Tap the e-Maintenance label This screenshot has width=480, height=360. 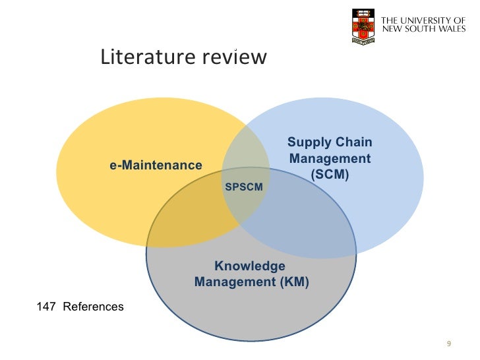tap(156, 165)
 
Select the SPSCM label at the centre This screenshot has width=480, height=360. tap(244, 188)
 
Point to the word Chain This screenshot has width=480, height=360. tap(353, 143)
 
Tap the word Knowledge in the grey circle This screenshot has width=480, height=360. tap(250, 266)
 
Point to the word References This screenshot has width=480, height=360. tap(93, 307)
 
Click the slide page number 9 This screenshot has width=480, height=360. tap(448, 344)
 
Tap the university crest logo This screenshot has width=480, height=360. tap(363, 26)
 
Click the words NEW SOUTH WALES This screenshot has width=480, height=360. tap(424, 30)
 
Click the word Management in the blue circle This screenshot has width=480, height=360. tap(330, 159)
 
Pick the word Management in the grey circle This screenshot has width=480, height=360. tap(224, 283)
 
